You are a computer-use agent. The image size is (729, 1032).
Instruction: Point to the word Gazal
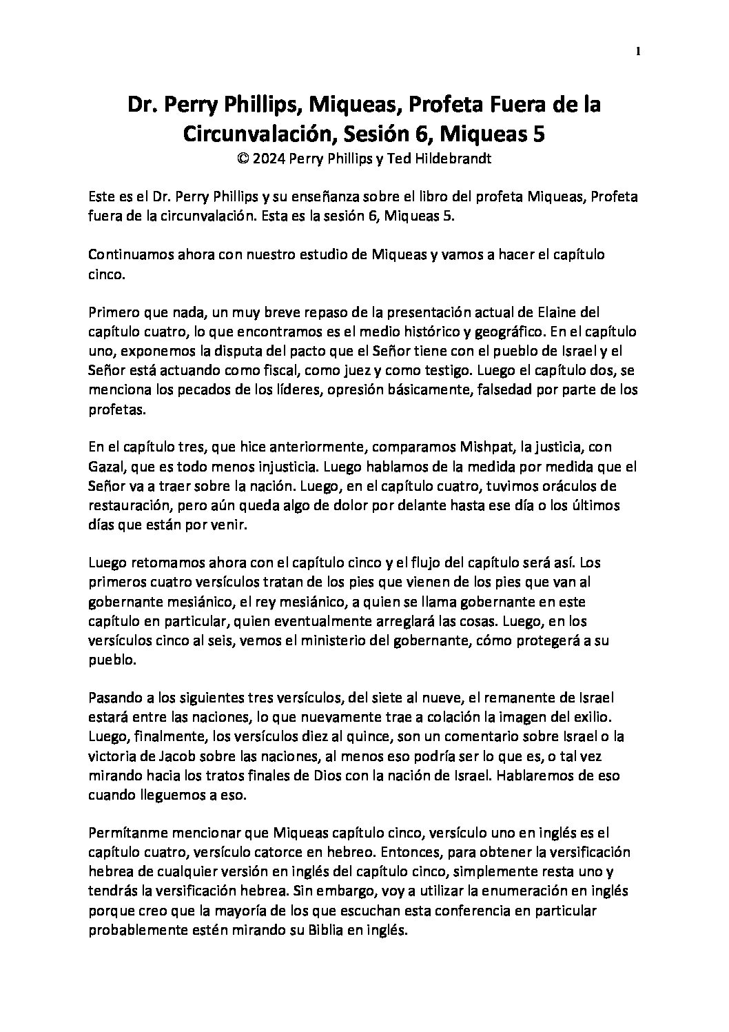tap(105, 467)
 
